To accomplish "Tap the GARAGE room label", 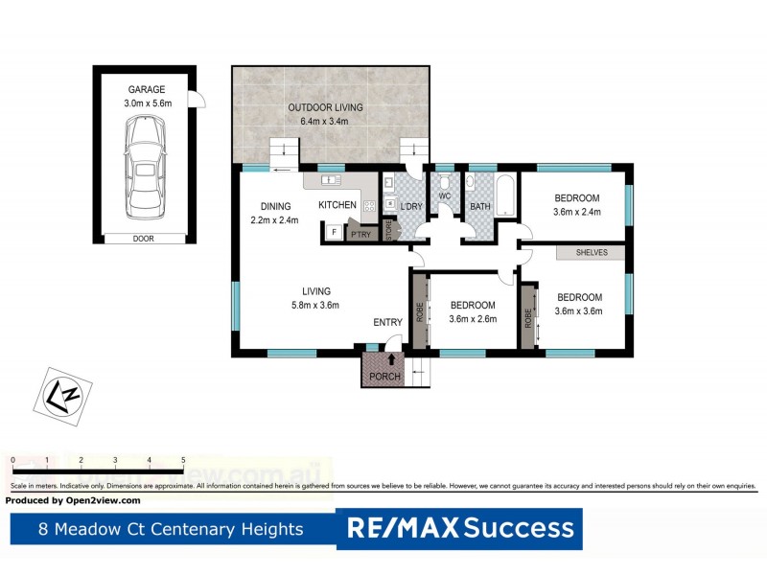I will tap(146, 90).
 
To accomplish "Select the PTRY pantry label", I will tap(360, 235).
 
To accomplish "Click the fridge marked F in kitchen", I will tap(334, 231).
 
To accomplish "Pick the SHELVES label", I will tap(592, 253).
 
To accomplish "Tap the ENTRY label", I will tap(387, 322).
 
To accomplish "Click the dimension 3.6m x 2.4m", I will tap(577, 212).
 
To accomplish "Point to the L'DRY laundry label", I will tap(413, 206).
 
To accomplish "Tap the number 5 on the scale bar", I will tap(183, 461).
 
